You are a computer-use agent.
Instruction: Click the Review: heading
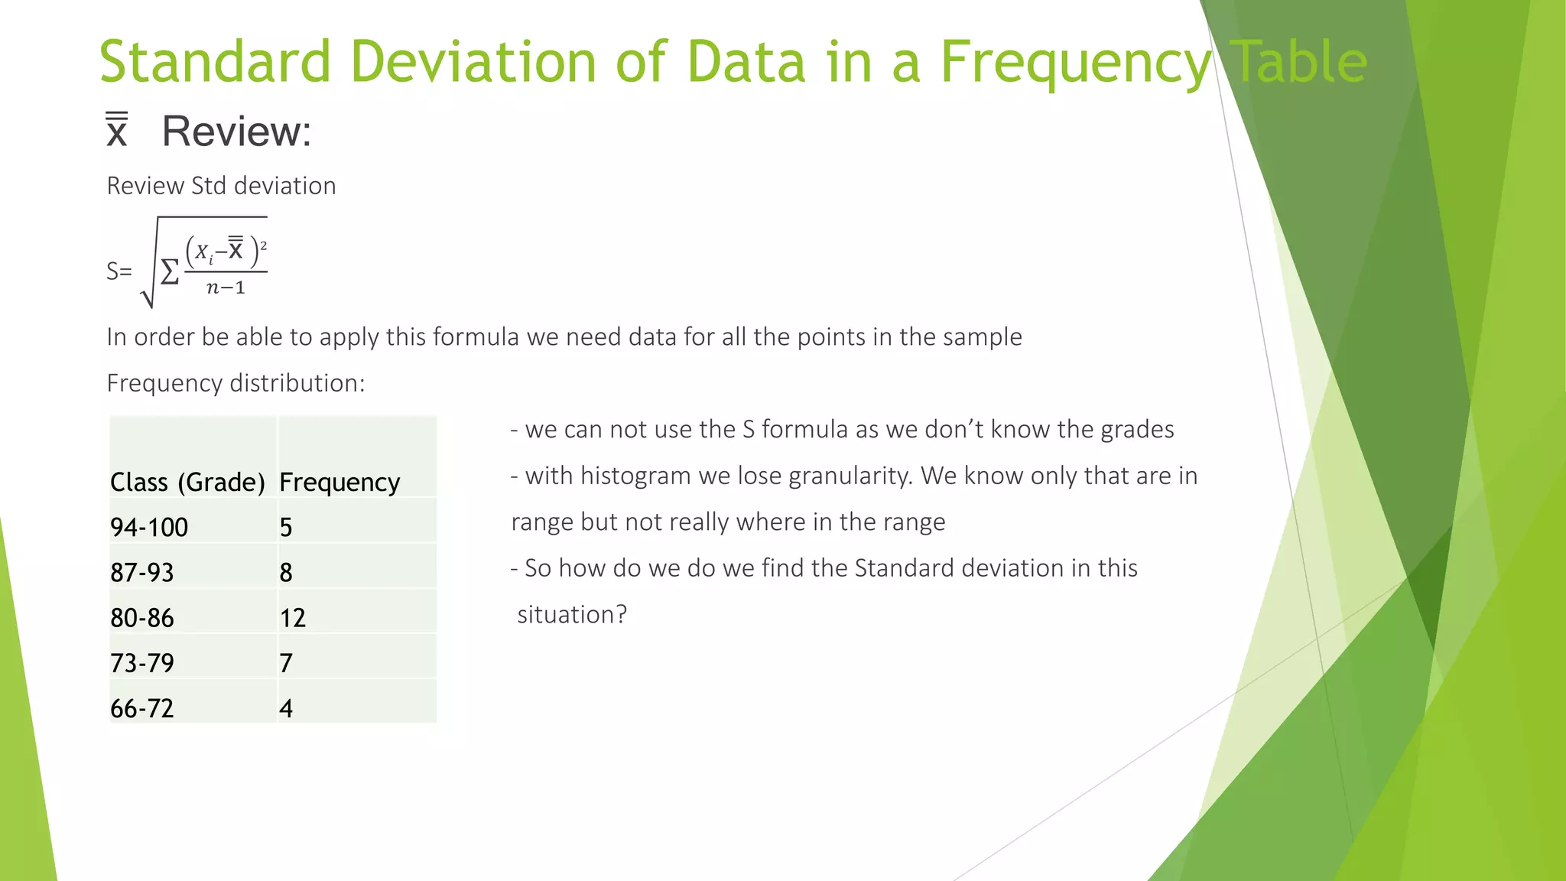point(236,131)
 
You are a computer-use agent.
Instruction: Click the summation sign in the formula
point(170,271)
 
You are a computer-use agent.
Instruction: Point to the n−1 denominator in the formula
point(226,288)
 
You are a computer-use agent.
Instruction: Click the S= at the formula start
point(119,271)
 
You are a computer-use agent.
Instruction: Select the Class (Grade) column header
point(187,482)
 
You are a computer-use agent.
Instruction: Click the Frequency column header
point(340,482)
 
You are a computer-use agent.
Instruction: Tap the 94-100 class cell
point(149,527)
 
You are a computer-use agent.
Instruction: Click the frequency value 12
point(293,617)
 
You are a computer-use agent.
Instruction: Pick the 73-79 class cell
point(142,662)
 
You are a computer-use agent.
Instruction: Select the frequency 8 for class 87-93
point(286,572)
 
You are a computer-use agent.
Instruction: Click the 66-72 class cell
point(142,708)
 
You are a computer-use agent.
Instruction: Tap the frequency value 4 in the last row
point(286,708)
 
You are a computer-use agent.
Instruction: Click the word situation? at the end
point(572,614)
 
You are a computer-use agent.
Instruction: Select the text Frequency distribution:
point(236,382)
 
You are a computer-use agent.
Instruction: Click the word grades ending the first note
point(1137,429)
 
